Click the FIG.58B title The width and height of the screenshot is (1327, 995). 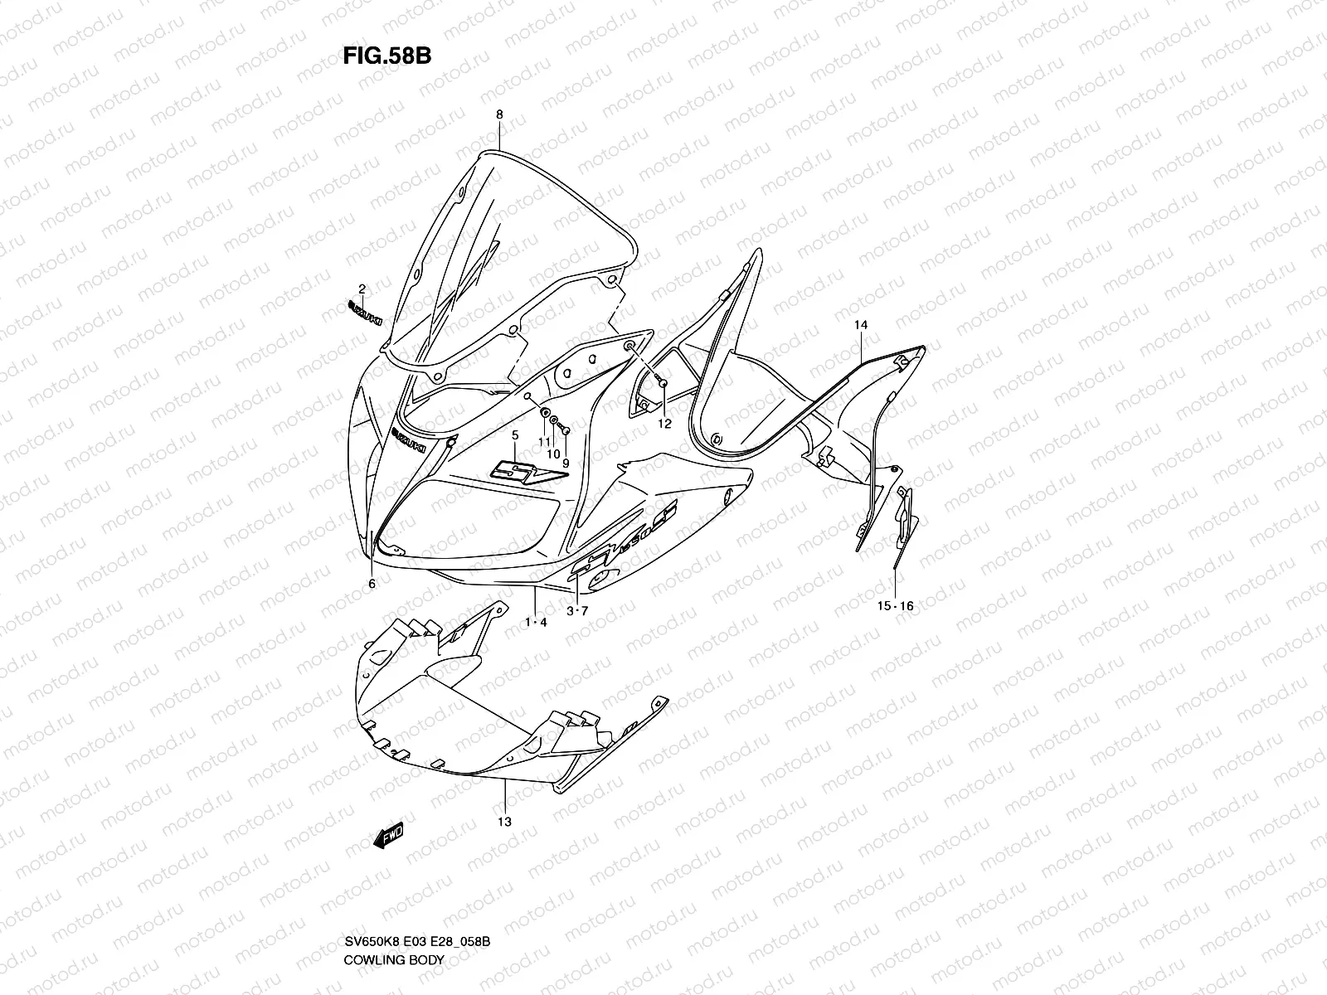pos(386,56)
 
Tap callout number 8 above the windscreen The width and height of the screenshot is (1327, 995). pos(499,115)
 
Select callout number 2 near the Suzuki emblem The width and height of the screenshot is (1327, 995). pos(362,289)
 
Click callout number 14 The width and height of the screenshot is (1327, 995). pos(861,325)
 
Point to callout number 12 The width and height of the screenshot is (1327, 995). pos(664,424)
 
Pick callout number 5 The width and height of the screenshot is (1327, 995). pos(514,434)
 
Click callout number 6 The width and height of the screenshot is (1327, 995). pos(372,584)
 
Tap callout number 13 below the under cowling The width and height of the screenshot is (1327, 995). pos(504,822)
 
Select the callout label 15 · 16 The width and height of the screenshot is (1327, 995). pos(896,606)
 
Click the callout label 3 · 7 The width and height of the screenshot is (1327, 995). pos(577,611)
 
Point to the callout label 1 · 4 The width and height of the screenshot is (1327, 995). pos(535,621)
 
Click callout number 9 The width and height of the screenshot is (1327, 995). pos(566,464)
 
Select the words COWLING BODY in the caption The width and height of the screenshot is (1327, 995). pos(394,960)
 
